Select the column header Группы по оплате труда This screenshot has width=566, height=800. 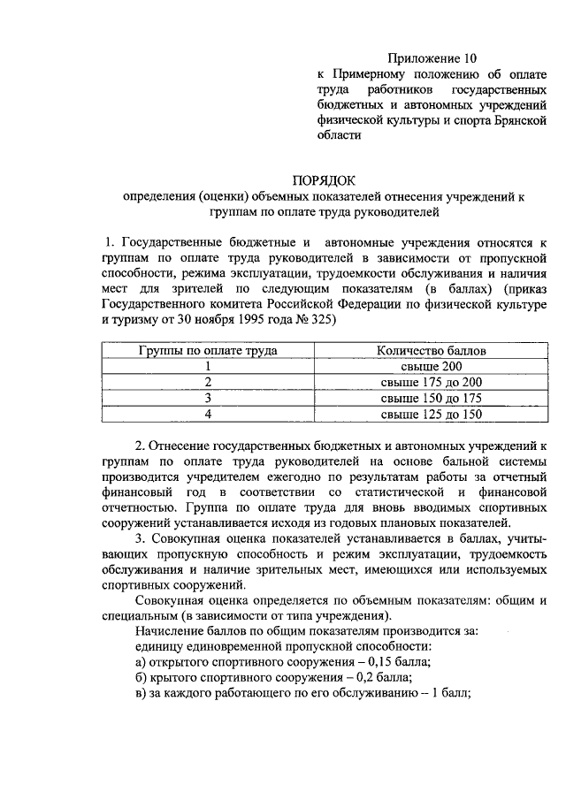(208, 350)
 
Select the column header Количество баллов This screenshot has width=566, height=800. (431, 350)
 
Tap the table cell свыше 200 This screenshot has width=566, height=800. (431, 366)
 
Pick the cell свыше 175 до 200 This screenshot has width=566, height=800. (431, 382)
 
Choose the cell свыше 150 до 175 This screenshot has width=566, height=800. (431, 398)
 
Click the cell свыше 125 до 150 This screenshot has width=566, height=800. (431, 414)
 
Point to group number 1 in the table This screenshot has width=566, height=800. (208, 366)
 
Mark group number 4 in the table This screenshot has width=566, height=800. (208, 414)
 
